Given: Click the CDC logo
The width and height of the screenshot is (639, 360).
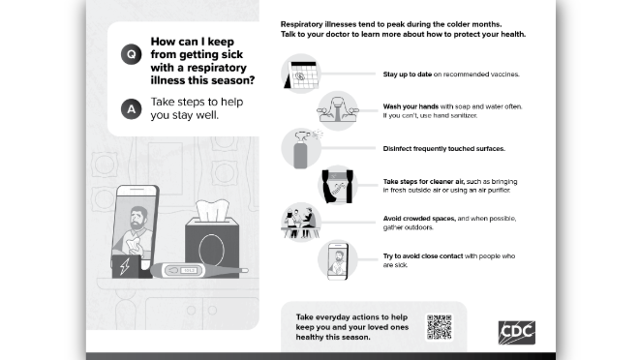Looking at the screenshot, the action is coord(516,332).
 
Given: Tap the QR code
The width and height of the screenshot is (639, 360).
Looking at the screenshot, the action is coord(440,326).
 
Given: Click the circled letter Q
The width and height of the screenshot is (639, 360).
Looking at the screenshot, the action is coord(132,54).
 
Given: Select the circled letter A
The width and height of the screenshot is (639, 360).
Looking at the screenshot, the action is coord(132,108).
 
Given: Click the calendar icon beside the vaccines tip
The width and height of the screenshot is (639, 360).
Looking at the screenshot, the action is coord(301,75).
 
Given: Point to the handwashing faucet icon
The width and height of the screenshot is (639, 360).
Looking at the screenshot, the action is coord(338,110).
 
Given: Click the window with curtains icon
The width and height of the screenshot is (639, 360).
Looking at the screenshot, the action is coord(338,186).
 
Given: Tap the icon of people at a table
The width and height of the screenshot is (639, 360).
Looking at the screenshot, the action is coord(301,223).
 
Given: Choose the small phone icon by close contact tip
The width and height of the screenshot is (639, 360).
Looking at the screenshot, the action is coord(338,260).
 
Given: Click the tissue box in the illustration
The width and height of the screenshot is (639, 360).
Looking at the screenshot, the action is coord(212,246).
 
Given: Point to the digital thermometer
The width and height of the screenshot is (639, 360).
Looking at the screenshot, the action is coord(198,270).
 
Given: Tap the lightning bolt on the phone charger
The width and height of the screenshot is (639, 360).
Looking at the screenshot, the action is coord(125,267).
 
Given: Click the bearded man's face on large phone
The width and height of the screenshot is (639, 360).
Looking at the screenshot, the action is coord(137,219).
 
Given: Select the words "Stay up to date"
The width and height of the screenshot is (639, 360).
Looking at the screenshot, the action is coord(407,75).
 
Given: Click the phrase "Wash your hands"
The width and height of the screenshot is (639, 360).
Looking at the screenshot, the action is coord(411,106).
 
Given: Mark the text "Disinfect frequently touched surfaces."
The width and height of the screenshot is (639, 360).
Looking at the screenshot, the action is coord(443,149).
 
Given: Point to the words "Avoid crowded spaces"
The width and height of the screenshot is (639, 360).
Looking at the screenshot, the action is coord(419,219).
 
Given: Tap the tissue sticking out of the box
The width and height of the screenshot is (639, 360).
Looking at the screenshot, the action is coord(212,210).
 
